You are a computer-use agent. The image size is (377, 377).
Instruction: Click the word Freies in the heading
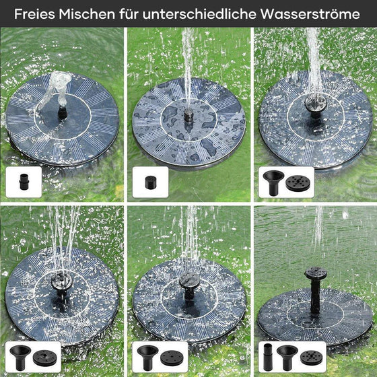tap(34, 14)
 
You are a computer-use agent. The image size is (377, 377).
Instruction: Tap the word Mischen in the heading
tap(87, 14)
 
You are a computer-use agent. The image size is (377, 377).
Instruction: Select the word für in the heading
tap(129, 14)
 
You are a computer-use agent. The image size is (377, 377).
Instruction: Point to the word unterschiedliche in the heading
tap(199, 14)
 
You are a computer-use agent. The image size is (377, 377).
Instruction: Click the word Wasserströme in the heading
tap(310, 14)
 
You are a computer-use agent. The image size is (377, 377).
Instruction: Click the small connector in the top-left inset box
tap(24, 182)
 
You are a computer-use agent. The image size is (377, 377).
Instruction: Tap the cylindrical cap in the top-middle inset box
tap(150, 182)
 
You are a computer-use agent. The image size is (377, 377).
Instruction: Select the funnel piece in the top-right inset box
tap(273, 182)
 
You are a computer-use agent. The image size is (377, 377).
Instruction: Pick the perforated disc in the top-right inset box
tap(298, 183)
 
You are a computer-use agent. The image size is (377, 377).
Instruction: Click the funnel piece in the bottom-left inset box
tap(20, 357)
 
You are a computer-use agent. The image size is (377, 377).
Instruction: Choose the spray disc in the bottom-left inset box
tap(44, 358)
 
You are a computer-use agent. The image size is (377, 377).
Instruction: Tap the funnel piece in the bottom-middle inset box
tap(147, 357)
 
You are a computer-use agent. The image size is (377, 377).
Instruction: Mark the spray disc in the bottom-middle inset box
tap(172, 358)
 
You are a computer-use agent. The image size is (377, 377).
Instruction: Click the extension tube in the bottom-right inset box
tap(268, 357)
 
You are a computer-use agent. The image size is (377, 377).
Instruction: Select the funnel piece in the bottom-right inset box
tap(287, 357)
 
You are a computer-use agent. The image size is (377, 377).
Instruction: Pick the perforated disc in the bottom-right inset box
tap(311, 357)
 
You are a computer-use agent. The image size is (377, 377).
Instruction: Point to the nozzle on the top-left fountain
tap(62, 113)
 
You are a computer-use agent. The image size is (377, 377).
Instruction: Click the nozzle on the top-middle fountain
tap(188, 115)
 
